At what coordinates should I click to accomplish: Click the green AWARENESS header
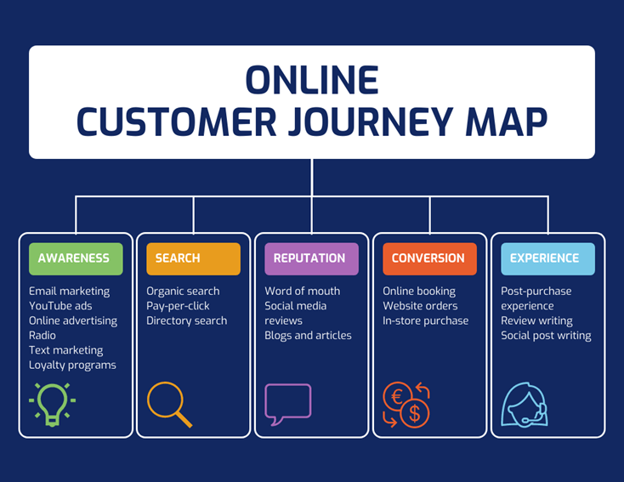(x=76, y=258)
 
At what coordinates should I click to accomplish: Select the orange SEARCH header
(x=193, y=258)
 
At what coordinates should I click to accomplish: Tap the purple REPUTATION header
(x=311, y=258)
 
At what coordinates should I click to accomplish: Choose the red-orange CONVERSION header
(x=429, y=258)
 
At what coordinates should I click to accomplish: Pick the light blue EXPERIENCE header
(x=547, y=258)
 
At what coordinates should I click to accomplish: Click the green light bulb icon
(x=52, y=404)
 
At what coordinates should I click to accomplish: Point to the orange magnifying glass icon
(x=169, y=405)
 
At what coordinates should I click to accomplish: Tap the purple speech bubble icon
(x=287, y=404)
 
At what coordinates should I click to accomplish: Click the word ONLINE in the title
(x=311, y=81)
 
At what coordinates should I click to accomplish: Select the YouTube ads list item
(x=60, y=306)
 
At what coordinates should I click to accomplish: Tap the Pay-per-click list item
(x=178, y=306)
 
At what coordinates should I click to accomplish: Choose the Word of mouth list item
(x=302, y=292)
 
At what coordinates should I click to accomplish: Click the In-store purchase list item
(x=425, y=320)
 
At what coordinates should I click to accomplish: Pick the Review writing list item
(x=536, y=320)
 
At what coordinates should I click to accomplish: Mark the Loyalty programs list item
(x=72, y=365)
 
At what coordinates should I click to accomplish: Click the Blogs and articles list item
(x=308, y=335)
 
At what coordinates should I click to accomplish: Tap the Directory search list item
(x=186, y=320)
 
